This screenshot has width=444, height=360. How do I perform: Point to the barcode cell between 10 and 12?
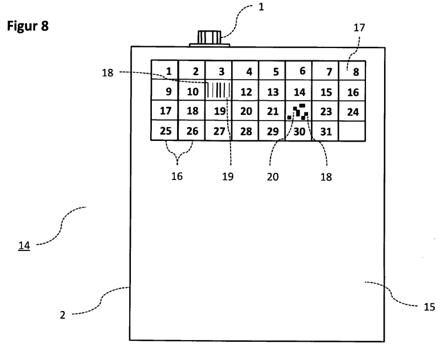[219, 90]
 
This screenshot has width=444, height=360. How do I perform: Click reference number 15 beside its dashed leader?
[430, 308]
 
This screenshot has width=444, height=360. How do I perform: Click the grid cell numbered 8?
[353, 71]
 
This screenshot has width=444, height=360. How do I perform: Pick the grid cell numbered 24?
[353, 112]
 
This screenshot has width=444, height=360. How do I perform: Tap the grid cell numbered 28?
[246, 132]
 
